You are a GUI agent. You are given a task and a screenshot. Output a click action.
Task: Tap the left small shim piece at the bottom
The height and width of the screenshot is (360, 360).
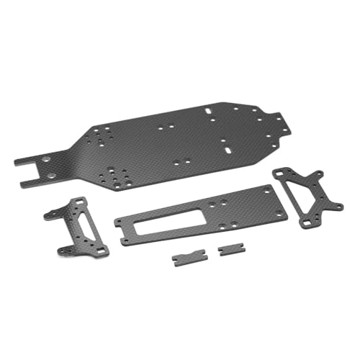click(186, 258)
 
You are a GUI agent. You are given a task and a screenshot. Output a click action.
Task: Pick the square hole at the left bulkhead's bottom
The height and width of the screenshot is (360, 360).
click(102, 250)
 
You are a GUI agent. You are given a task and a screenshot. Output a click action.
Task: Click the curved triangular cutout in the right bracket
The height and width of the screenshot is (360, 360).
click(300, 191)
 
